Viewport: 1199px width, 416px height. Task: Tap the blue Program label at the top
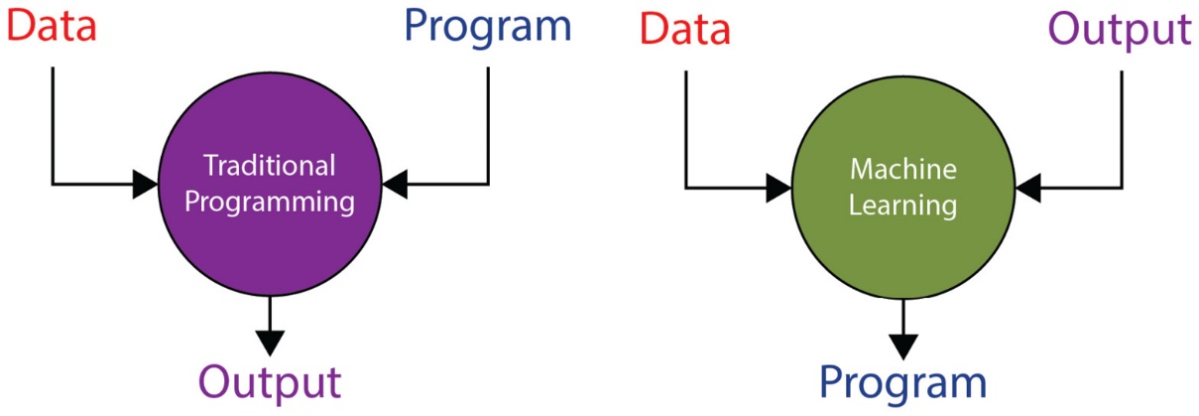tap(488, 26)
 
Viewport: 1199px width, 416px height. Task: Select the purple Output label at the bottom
tap(270, 381)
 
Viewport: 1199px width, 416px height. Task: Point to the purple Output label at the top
tap(1120, 29)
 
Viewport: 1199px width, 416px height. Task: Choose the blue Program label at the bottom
tap(902, 382)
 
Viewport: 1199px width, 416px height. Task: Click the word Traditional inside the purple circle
tap(270, 165)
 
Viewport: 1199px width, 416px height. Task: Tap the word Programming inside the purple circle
tap(270, 203)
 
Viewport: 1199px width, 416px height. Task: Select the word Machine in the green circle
tap(902, 169)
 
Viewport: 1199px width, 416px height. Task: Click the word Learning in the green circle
tap(902, 206)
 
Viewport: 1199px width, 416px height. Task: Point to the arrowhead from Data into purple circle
tap(145, 184)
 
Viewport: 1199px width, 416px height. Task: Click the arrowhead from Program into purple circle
tap(395, 184)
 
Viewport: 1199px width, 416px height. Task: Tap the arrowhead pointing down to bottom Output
tap(270, 343)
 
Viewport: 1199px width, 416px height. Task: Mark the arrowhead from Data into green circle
tap(779, 187)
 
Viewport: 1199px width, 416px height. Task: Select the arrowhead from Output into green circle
tap(1027, 187)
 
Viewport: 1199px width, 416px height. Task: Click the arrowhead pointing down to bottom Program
tap(902, 345)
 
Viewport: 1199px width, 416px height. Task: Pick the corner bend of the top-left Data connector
tap(53, 184)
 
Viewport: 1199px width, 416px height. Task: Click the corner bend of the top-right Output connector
tap(1121, 187)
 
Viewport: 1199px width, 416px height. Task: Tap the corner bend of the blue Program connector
tap(488, 184)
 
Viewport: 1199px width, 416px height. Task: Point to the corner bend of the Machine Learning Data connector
tap(685, 187)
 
